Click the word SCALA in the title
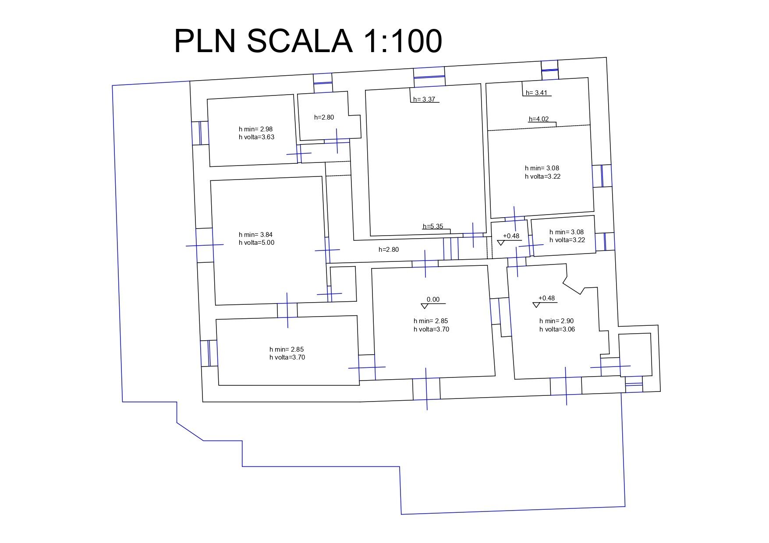point(300,41)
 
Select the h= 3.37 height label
point(424,99)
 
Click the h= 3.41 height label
point(536,93)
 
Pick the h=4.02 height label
point(539,119)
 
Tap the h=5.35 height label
point(433,226)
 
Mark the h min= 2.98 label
point(255,129)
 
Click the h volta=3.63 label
point(256,137)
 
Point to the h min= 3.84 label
point(255,235)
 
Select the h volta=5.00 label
point(256,243)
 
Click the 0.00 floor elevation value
point(433,300)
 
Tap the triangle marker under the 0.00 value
point(424,306)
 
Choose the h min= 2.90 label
point(556,321)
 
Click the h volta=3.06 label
point(557,329)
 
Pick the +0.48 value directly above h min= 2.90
point(546,298)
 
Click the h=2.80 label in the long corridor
point(389,250)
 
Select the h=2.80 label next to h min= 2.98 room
point(324,117)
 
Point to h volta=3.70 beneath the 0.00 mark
point(431,329)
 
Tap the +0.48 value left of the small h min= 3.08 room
point(511,236)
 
